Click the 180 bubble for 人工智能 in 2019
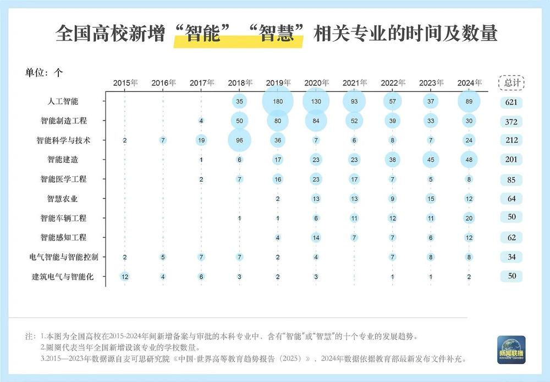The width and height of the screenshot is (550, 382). click(277, 102)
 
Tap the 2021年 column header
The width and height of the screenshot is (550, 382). click(355, 83)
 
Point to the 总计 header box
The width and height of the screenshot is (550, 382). click(512, 83)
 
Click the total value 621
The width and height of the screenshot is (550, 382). click(512, 102)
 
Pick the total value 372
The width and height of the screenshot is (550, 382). click(512, 121)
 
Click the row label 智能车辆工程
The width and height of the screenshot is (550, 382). click(63, 218)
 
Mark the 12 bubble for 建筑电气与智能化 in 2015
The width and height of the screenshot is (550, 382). click(125, 276)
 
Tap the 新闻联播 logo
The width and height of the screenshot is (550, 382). click(512, 348)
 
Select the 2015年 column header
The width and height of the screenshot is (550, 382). click(125, 83)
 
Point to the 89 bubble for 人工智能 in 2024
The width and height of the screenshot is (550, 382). click(469, 102)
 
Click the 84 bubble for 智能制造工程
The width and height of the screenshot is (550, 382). click(316, 121)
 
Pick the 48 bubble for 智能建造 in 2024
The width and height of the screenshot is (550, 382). click(469, 160)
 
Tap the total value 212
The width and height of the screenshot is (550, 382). click(512, 140)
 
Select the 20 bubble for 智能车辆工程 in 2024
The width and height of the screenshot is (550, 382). click(469, 218)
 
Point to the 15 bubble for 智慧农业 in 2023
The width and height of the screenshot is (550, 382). click(431, 199)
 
